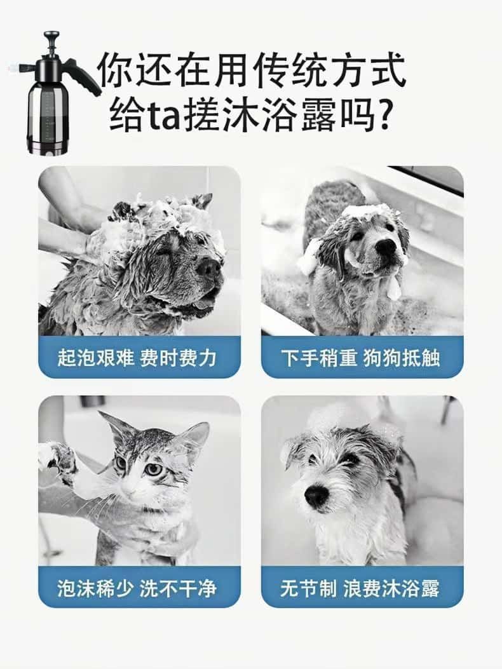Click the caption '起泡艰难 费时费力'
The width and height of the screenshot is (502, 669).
pyautogui.click(x=139, y=358)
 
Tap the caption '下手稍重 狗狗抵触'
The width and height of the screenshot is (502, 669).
pyautogui.click(x=362, y=358)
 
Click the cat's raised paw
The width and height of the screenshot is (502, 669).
pyautogui.click(x=56, y=456)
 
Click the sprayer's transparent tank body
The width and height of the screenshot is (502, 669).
pyautogui.click(x=48, y=114)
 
